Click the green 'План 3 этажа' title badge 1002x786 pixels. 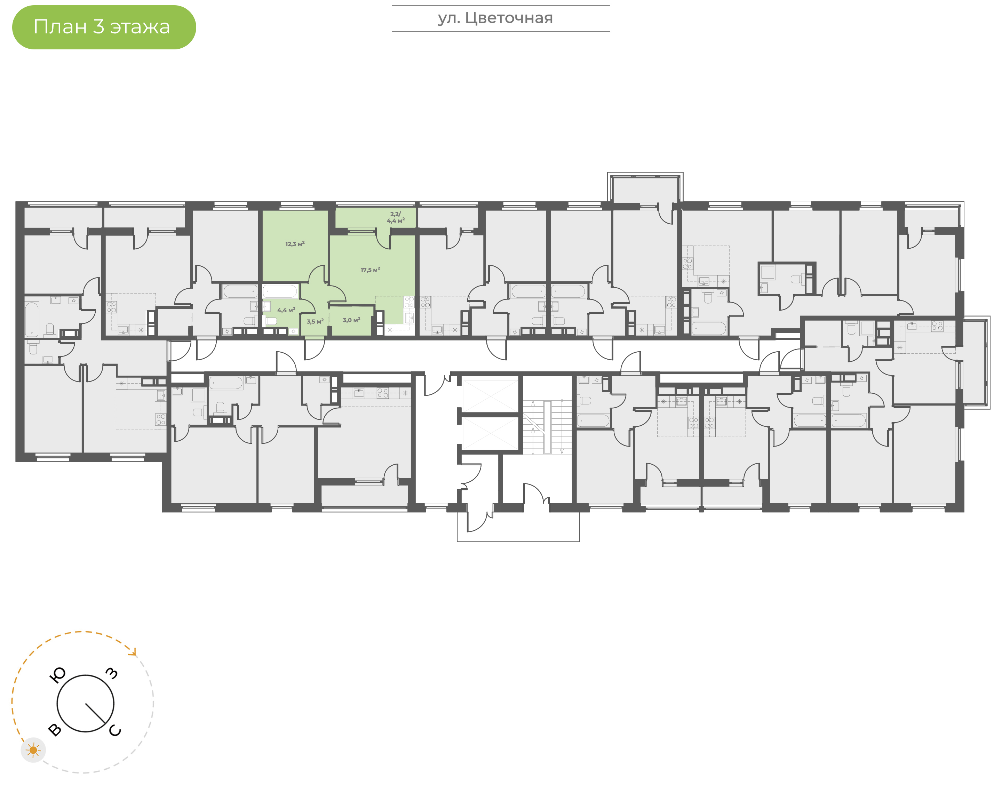[x=104, y=27]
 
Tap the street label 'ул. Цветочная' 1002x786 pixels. [x=495, y=18]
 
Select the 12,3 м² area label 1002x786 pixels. [x=295, y=244]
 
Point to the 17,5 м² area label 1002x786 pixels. [x=371, y=270]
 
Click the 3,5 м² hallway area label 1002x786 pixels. [x=315, y=321]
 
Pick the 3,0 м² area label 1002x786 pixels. [x=352, y=320]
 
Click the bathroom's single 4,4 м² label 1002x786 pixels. [x=286, y=310]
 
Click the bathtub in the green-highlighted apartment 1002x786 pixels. [x=280, y=291]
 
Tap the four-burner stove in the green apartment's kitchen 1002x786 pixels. [x=409, y=302]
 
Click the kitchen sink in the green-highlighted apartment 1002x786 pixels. [x=409, y=317]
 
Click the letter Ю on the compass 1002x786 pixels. [x=57, y=675]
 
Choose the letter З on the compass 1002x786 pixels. [x=112, y=673]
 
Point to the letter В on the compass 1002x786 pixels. [x=54, y=729]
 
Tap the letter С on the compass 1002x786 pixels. [x=115, y=730]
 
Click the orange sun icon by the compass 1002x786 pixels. [x=33, y=751]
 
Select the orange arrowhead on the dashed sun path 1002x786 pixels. [x=134, y=652]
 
